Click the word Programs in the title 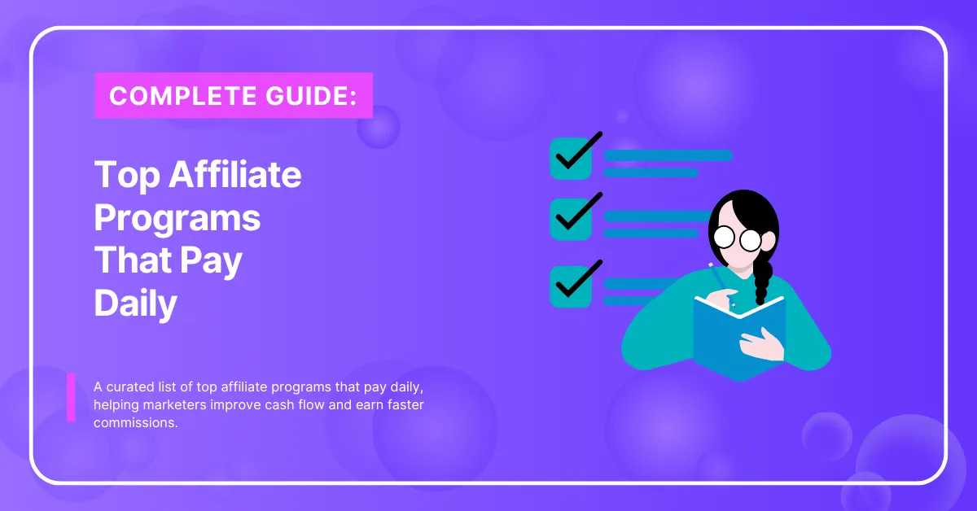pos(177,218)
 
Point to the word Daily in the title pos(136,304)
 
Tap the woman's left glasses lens pos(724,238)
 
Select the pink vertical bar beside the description pos(71,397)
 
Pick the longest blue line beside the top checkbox pos(668,155)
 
